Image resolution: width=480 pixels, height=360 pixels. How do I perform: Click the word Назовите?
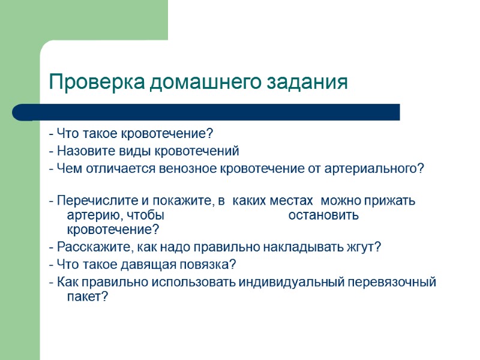coord(82,151)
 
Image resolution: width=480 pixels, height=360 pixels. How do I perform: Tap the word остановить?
coord(323,215)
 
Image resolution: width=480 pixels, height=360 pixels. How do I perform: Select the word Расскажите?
coord(86,247)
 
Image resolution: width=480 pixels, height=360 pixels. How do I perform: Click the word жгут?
coord(365,247)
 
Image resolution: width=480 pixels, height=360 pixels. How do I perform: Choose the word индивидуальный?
coord(289,282)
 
